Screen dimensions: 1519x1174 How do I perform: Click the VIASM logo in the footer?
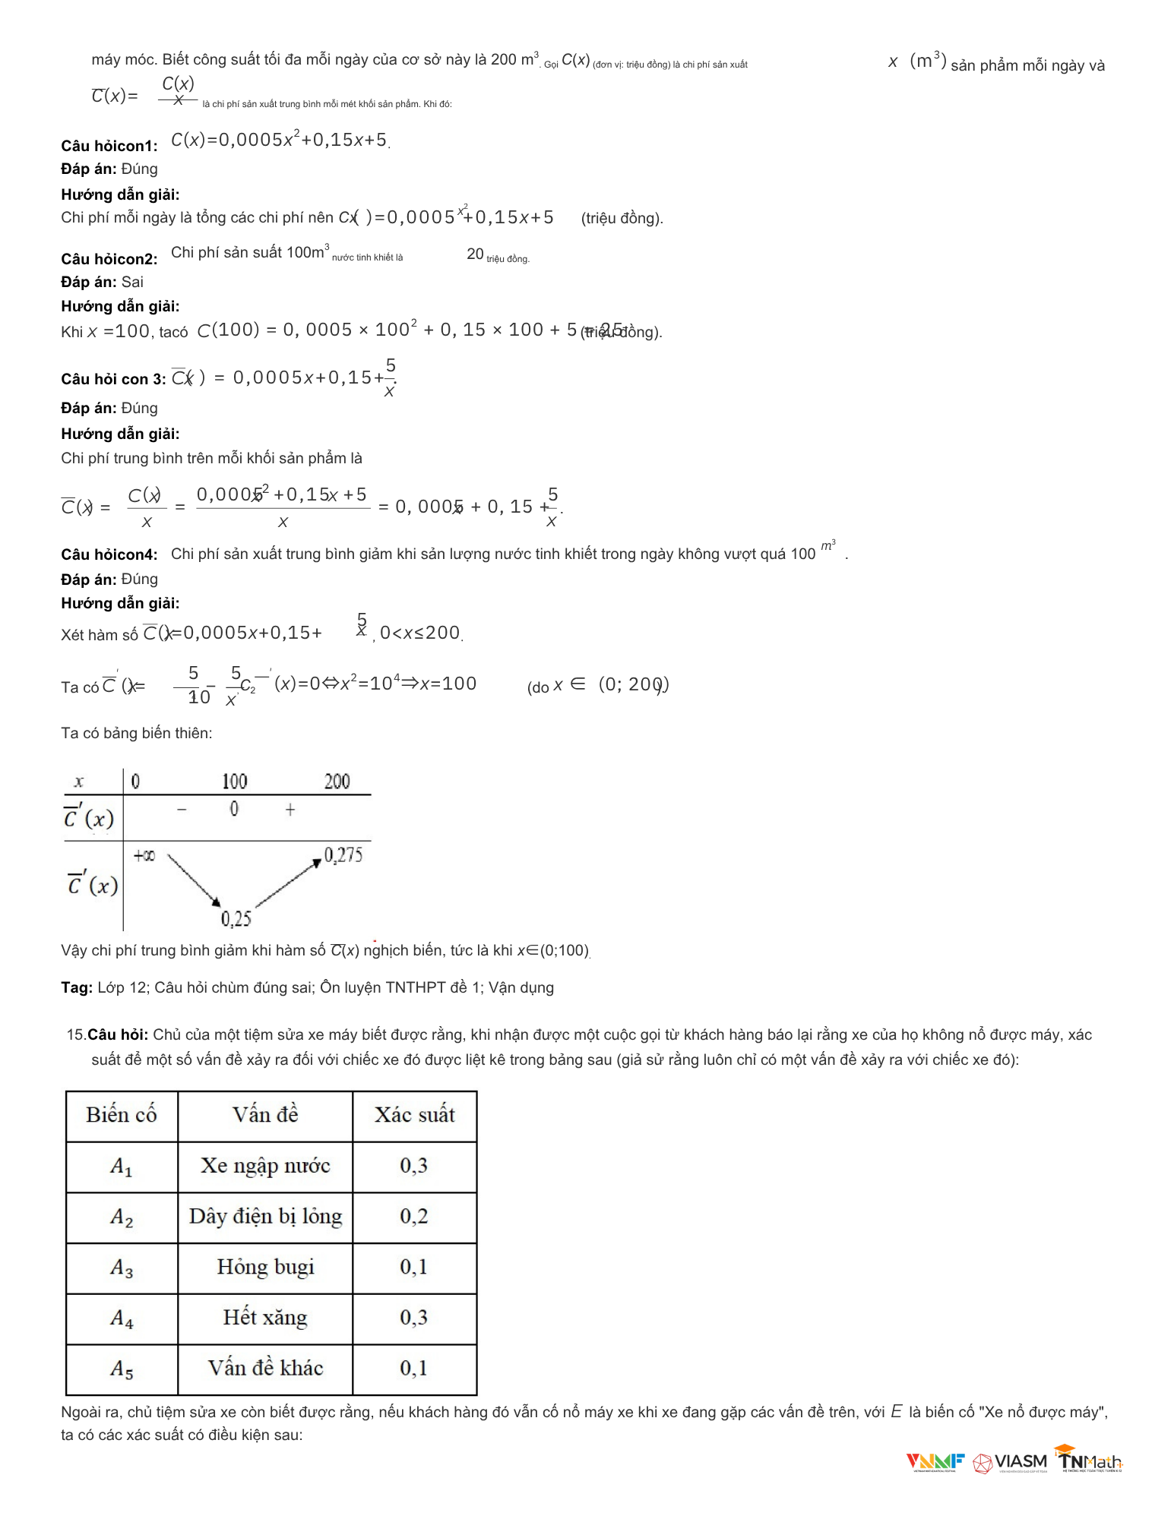point(1010,1462)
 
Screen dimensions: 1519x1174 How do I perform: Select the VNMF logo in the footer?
point(935,1461)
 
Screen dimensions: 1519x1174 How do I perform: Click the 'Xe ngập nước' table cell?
point(265,1166)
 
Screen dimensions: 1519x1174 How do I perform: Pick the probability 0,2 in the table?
point(414,1217)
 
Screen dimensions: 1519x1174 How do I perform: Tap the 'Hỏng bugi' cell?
point(265,1267)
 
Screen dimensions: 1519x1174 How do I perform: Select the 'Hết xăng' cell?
point(265,1318)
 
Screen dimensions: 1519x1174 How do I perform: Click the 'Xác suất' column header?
point(414,1115)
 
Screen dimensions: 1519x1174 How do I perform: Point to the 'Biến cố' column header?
point(122,1115)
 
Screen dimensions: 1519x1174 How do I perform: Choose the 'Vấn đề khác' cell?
point(265,1369)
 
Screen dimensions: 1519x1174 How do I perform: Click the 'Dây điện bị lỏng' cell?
point(265,1217)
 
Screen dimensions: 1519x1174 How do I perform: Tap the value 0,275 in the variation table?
point(343,856)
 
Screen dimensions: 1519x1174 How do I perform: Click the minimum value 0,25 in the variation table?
point(236,920)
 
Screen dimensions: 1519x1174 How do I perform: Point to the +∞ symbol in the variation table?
point(144,856)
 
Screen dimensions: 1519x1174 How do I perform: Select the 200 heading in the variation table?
point(337,782)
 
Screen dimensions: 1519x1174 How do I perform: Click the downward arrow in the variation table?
point(194,880)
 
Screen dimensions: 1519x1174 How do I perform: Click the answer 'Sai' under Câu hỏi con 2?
point(132,282)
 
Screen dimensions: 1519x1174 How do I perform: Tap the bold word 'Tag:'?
point(77,987)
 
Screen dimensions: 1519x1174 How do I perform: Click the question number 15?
point(75,1034)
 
